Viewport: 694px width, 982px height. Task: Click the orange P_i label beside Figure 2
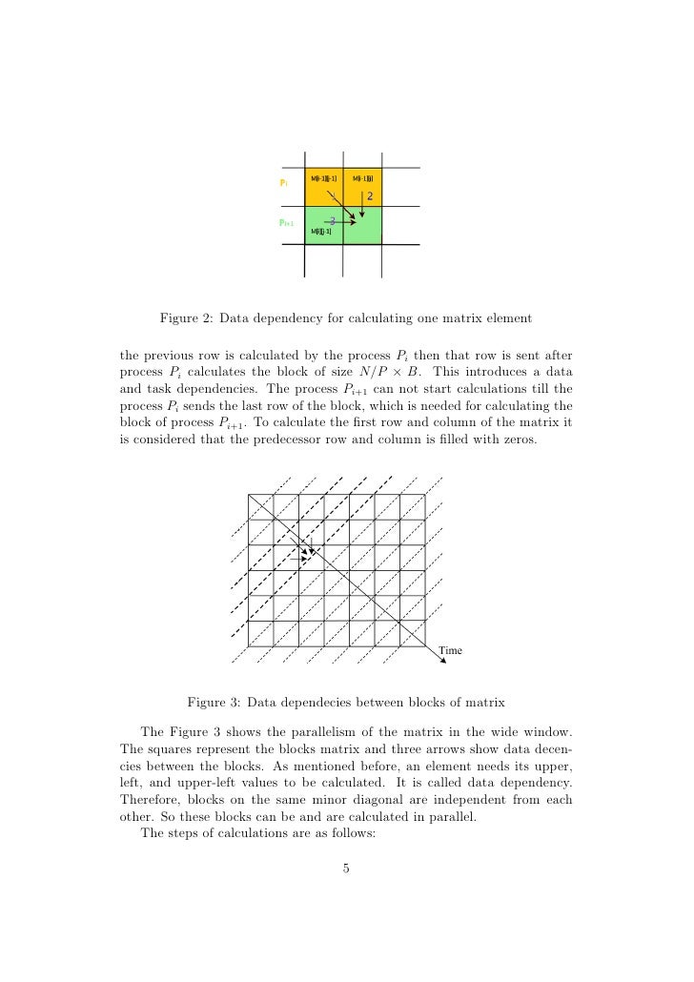pyautogui.click(x=283, y=182)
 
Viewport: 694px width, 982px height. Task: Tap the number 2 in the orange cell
pyautogui.click(x=370, y=196)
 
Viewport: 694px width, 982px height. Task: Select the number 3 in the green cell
pyautogui.click(x=332, y=221)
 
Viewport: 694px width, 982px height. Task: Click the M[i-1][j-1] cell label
pyautogui.click(x=324, y=178)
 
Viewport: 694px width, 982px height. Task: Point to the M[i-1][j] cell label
pyautogui.click(x=362, y=178)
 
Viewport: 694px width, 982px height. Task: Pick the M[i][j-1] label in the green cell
pyautogui.click(x=321, y=231)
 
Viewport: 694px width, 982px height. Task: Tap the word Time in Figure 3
pyautogui.click(x=451, y=650)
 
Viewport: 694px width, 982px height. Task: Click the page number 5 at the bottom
pyautogui.click(x=347, y=867)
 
